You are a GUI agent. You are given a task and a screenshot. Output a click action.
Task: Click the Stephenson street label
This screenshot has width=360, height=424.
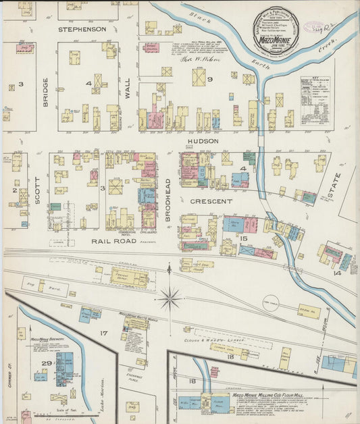coord(82,30)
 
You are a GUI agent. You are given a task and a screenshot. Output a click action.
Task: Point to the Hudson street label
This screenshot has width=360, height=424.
coord(203,141)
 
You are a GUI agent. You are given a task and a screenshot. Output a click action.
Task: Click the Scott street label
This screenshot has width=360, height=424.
coord(38,190)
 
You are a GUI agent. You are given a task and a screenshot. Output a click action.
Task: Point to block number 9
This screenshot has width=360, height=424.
coord(210,80)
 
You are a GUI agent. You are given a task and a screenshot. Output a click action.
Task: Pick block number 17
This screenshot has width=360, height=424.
coord(103,334)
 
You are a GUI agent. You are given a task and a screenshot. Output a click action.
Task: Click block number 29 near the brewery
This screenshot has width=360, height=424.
coord(45,365)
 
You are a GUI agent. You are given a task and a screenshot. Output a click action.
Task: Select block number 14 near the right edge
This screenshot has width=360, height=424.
coord(336,273)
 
